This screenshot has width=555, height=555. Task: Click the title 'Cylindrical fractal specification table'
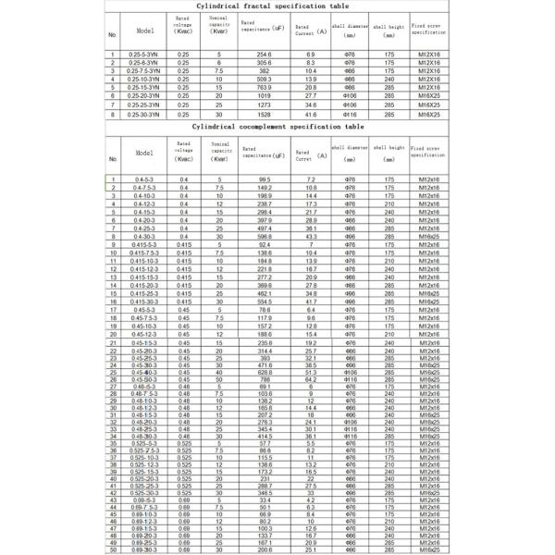coord(277,6)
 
